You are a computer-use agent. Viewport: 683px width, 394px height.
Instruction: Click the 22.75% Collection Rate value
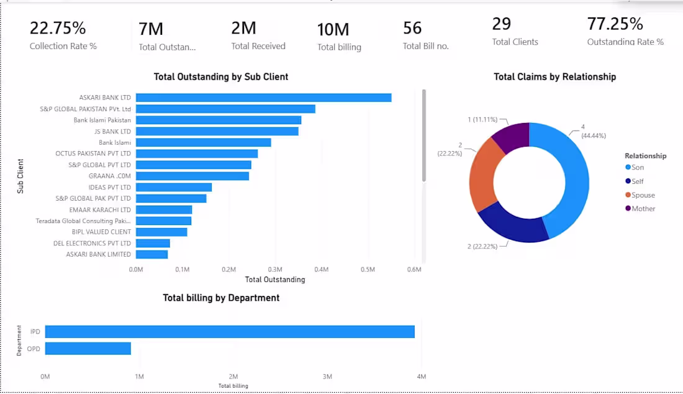[58, 29]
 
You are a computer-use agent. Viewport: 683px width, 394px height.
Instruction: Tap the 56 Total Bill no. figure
[412, 29]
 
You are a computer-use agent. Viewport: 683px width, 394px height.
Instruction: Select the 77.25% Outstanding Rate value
[615, 24]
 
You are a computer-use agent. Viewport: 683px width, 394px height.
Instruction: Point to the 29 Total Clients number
[501, 24]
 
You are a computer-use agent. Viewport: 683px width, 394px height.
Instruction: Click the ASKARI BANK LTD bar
[263, 98]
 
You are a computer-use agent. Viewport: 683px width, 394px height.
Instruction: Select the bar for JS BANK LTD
[217, 131]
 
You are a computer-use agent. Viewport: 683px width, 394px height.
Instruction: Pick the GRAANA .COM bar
[192, 176]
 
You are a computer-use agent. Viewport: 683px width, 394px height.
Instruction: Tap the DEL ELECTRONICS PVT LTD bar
[153, 243]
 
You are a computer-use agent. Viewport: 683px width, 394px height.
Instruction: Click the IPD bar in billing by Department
[230, 332]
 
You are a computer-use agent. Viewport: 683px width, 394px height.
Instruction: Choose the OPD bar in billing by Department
[88, 349]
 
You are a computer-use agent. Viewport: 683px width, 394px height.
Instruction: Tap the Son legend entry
[635, 167]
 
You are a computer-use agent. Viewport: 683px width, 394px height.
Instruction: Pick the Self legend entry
[634, 181]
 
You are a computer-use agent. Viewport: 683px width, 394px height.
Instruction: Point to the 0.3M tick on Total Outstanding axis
[275, 269]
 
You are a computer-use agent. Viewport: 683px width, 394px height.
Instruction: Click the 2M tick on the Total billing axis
[233, 377]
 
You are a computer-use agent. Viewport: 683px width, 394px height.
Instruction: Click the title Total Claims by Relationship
[554, 76]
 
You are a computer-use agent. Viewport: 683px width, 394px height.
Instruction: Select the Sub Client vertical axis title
[20, 176]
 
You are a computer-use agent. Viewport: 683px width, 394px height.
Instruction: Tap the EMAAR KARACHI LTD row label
[100, 209]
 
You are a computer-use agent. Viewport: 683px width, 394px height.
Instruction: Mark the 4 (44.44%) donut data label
[593, 131]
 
